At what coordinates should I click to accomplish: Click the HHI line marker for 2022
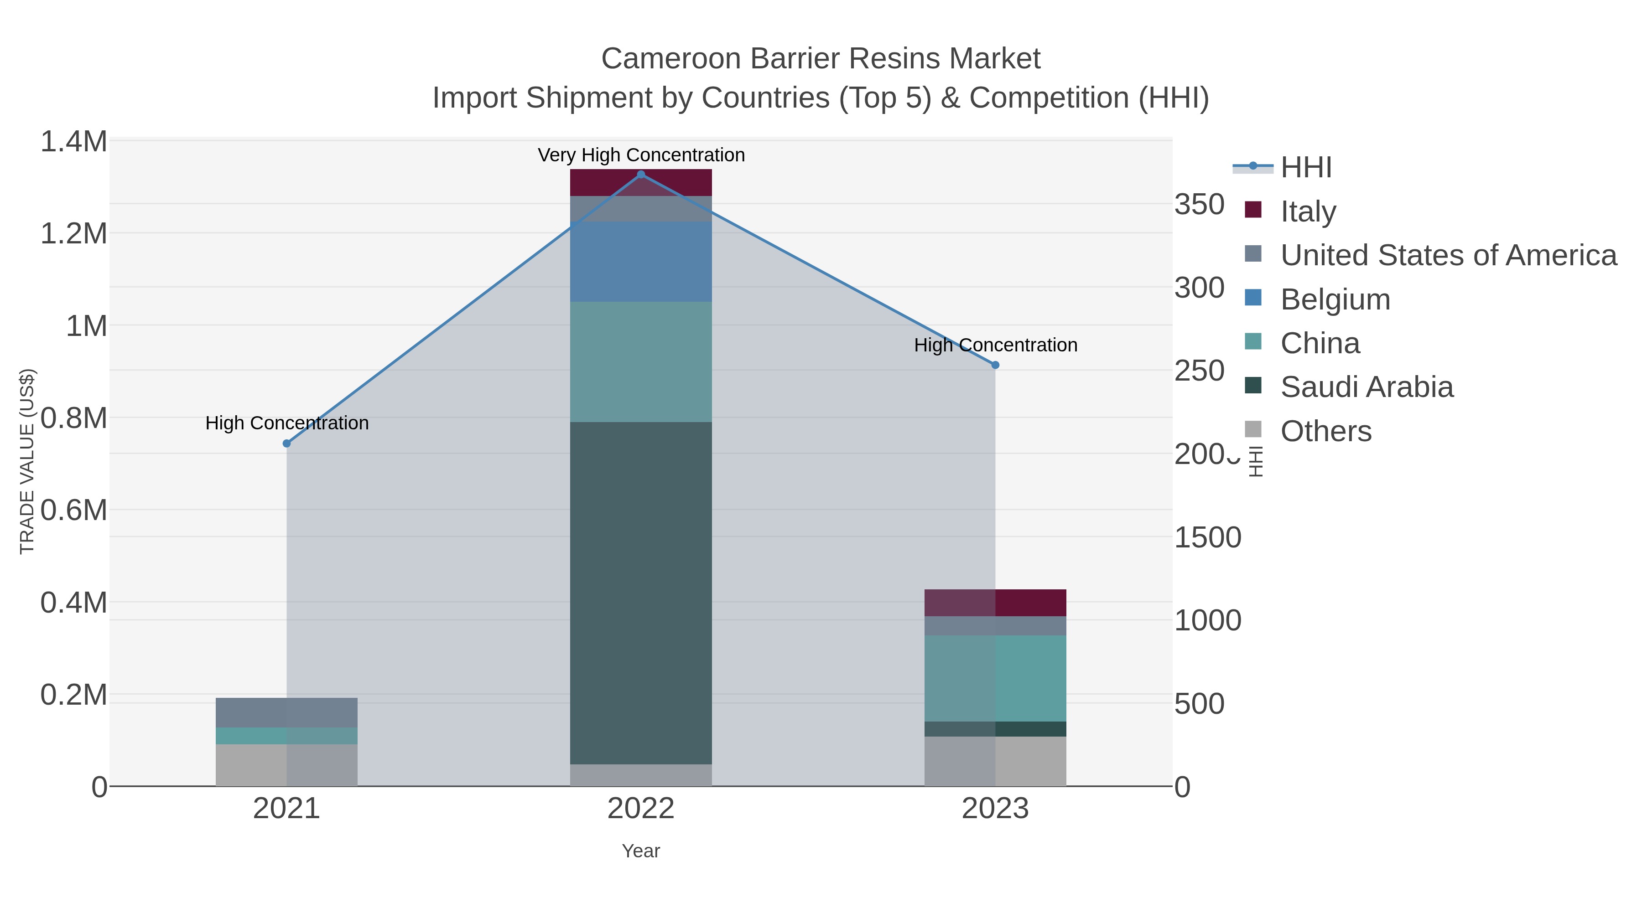tap(641, 175)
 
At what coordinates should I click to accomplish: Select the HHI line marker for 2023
tap(995, 365)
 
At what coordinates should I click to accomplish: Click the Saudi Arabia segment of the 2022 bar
tap(641, 593)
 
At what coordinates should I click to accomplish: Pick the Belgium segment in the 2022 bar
tap(641, 262)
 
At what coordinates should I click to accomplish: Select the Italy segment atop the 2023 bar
tap(995, 603)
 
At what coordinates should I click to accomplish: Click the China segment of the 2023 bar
tap(995, 678)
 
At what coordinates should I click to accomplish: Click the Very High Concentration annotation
tap(641, 155)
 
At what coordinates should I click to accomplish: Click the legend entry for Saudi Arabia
tap(1366, 387)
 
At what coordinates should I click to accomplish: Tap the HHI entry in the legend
tap(1305, 167)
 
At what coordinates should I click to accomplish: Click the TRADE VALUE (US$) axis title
tap(27, 461)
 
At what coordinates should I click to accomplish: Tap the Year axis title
tap(641, 851)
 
